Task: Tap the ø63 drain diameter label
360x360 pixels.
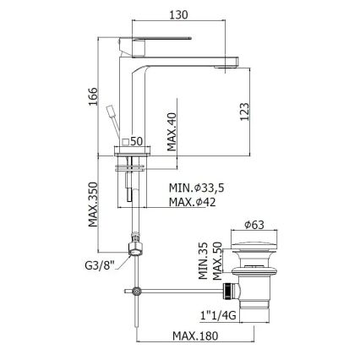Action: click(x=256, y=226)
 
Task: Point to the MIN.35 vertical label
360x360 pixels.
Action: click(x=204, y=263)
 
